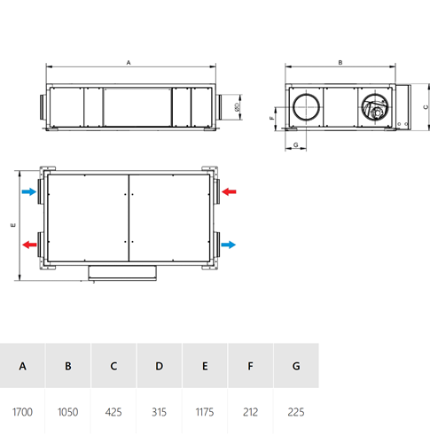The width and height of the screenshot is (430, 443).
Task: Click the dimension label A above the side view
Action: (129, 63)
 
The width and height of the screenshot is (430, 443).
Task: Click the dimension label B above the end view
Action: (340, 63)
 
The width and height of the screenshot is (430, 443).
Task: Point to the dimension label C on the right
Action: (426, 107)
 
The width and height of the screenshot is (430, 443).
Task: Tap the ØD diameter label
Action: (237, 107)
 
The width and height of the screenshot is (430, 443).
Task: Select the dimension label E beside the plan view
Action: (13, 225)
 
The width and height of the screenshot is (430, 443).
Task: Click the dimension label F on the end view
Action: (272, 118)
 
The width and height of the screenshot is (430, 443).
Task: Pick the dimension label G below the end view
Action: (295, 144)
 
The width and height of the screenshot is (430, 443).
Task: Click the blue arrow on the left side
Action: (29, 191)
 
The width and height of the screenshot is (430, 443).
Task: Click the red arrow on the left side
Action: (29, 245)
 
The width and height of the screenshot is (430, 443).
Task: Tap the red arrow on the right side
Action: (229, 191)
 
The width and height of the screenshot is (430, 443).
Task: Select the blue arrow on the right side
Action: (229, 245)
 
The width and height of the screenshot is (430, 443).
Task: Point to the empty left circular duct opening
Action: (306, 94)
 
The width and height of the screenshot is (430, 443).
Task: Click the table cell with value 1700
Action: (22, 412)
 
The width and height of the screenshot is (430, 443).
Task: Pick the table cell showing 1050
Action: (68, 412)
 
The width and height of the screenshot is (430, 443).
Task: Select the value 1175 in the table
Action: (205, 412)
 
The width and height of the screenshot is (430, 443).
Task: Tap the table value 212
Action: (250, 412)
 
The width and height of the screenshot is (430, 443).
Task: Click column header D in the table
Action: (160, 366)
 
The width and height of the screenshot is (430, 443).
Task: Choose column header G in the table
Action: (296, 366)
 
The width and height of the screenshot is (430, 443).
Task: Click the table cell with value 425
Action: (113, 412)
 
